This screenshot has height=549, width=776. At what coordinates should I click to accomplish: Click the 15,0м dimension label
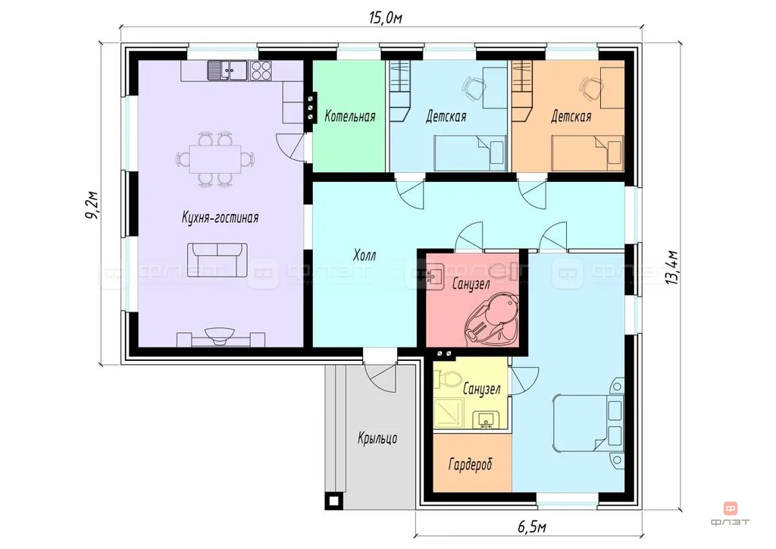(x=385, y=18)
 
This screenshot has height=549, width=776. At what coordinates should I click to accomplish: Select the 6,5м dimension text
(x=532, y=527)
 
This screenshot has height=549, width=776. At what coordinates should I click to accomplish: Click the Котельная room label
(x=350, y=116)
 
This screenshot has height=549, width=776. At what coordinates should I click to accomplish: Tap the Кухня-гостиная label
(x=221, y=218)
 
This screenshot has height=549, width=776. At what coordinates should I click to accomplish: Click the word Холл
(x=365, y=255)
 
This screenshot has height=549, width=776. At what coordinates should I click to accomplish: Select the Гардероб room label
(x=471, y=464)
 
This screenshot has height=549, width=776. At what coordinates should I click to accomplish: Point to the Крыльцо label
(x=377, y=438)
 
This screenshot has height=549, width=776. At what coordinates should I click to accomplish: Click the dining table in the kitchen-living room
(x=215, y=159)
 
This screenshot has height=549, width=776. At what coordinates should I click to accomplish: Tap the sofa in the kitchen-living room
(x=217, y=260)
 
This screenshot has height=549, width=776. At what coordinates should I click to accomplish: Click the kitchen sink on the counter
(x=227, y=71)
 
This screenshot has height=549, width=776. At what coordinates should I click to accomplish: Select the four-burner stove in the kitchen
(x=261, y=71)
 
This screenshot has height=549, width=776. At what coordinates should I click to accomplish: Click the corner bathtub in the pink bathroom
(x=491, y=319)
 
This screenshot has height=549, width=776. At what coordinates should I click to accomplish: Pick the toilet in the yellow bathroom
(x=447, y=378)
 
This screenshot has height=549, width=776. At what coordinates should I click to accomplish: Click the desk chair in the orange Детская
(x=590, y=88)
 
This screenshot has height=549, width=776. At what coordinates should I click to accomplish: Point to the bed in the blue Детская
(x=470, y=153)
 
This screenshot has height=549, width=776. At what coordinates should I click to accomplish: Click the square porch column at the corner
(x=334, y=501)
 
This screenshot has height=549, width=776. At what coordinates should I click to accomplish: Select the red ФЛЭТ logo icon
(x=731, y=508)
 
